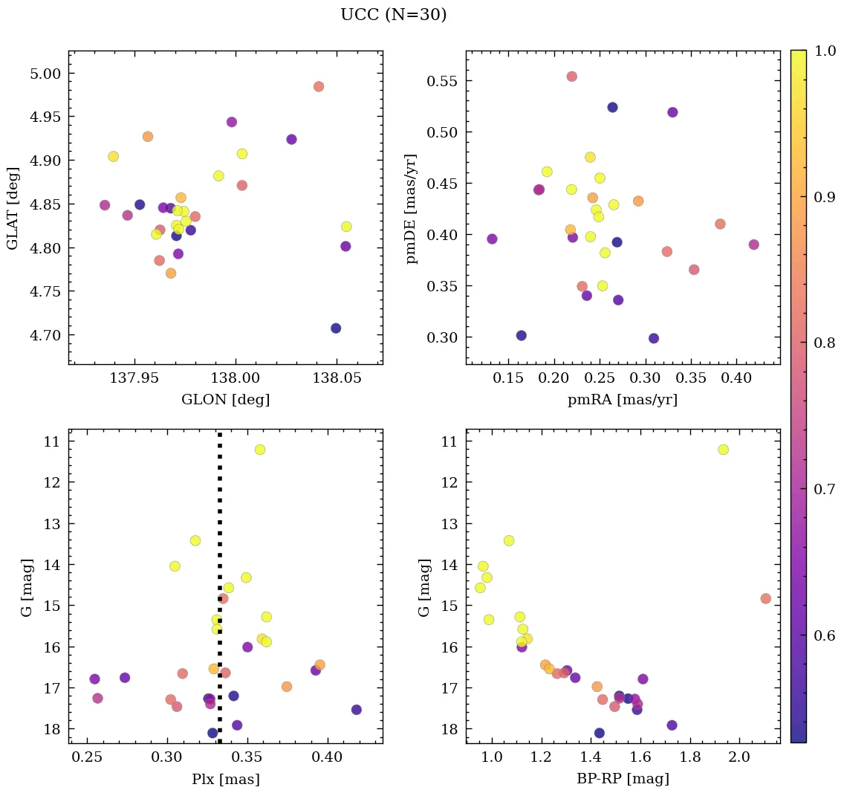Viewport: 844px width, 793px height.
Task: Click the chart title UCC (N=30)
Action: (x=393, y=15)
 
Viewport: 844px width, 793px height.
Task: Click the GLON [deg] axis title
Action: (x=225, y=400)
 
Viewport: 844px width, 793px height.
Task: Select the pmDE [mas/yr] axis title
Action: (x=412, y=208)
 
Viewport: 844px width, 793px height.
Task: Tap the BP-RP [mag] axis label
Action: (x=623, y=779)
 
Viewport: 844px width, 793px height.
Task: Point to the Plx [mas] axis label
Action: (x=225, y=780)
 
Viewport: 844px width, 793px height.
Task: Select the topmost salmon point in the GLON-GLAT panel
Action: (x=319, y=86)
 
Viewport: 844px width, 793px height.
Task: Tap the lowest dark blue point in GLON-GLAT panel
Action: (x=336, y=328)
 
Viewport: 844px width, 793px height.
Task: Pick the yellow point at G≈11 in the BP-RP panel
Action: (x=723, y=450)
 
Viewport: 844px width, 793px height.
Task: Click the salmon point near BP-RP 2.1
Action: (x=765, y=598)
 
